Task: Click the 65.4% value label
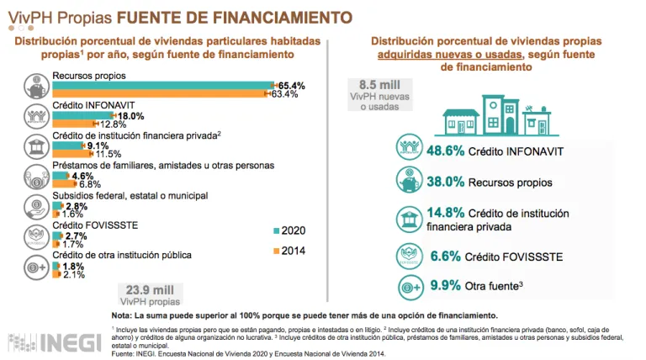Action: (292, 86)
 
